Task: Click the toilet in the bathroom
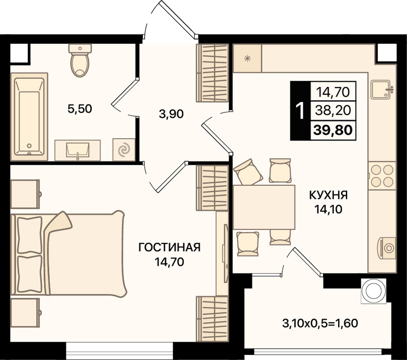point(80,60)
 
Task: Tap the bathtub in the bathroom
point(29,117)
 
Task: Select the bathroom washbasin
point(78,150)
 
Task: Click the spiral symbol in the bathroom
point(124,150)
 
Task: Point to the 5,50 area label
point(80,109)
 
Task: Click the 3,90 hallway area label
point(171,114)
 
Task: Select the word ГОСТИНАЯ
point(169,247)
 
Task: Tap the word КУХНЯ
point(328,195)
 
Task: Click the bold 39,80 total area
point(333,130)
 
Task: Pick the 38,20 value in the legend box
point(333,110)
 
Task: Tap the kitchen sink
point(381,89)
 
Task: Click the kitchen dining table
point(264,207)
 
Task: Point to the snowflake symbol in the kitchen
point(247,59)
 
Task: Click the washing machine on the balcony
point(374,291)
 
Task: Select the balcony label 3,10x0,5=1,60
point(320,323)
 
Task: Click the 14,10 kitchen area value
point(328,209)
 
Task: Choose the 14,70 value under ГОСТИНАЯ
point(169,262)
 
